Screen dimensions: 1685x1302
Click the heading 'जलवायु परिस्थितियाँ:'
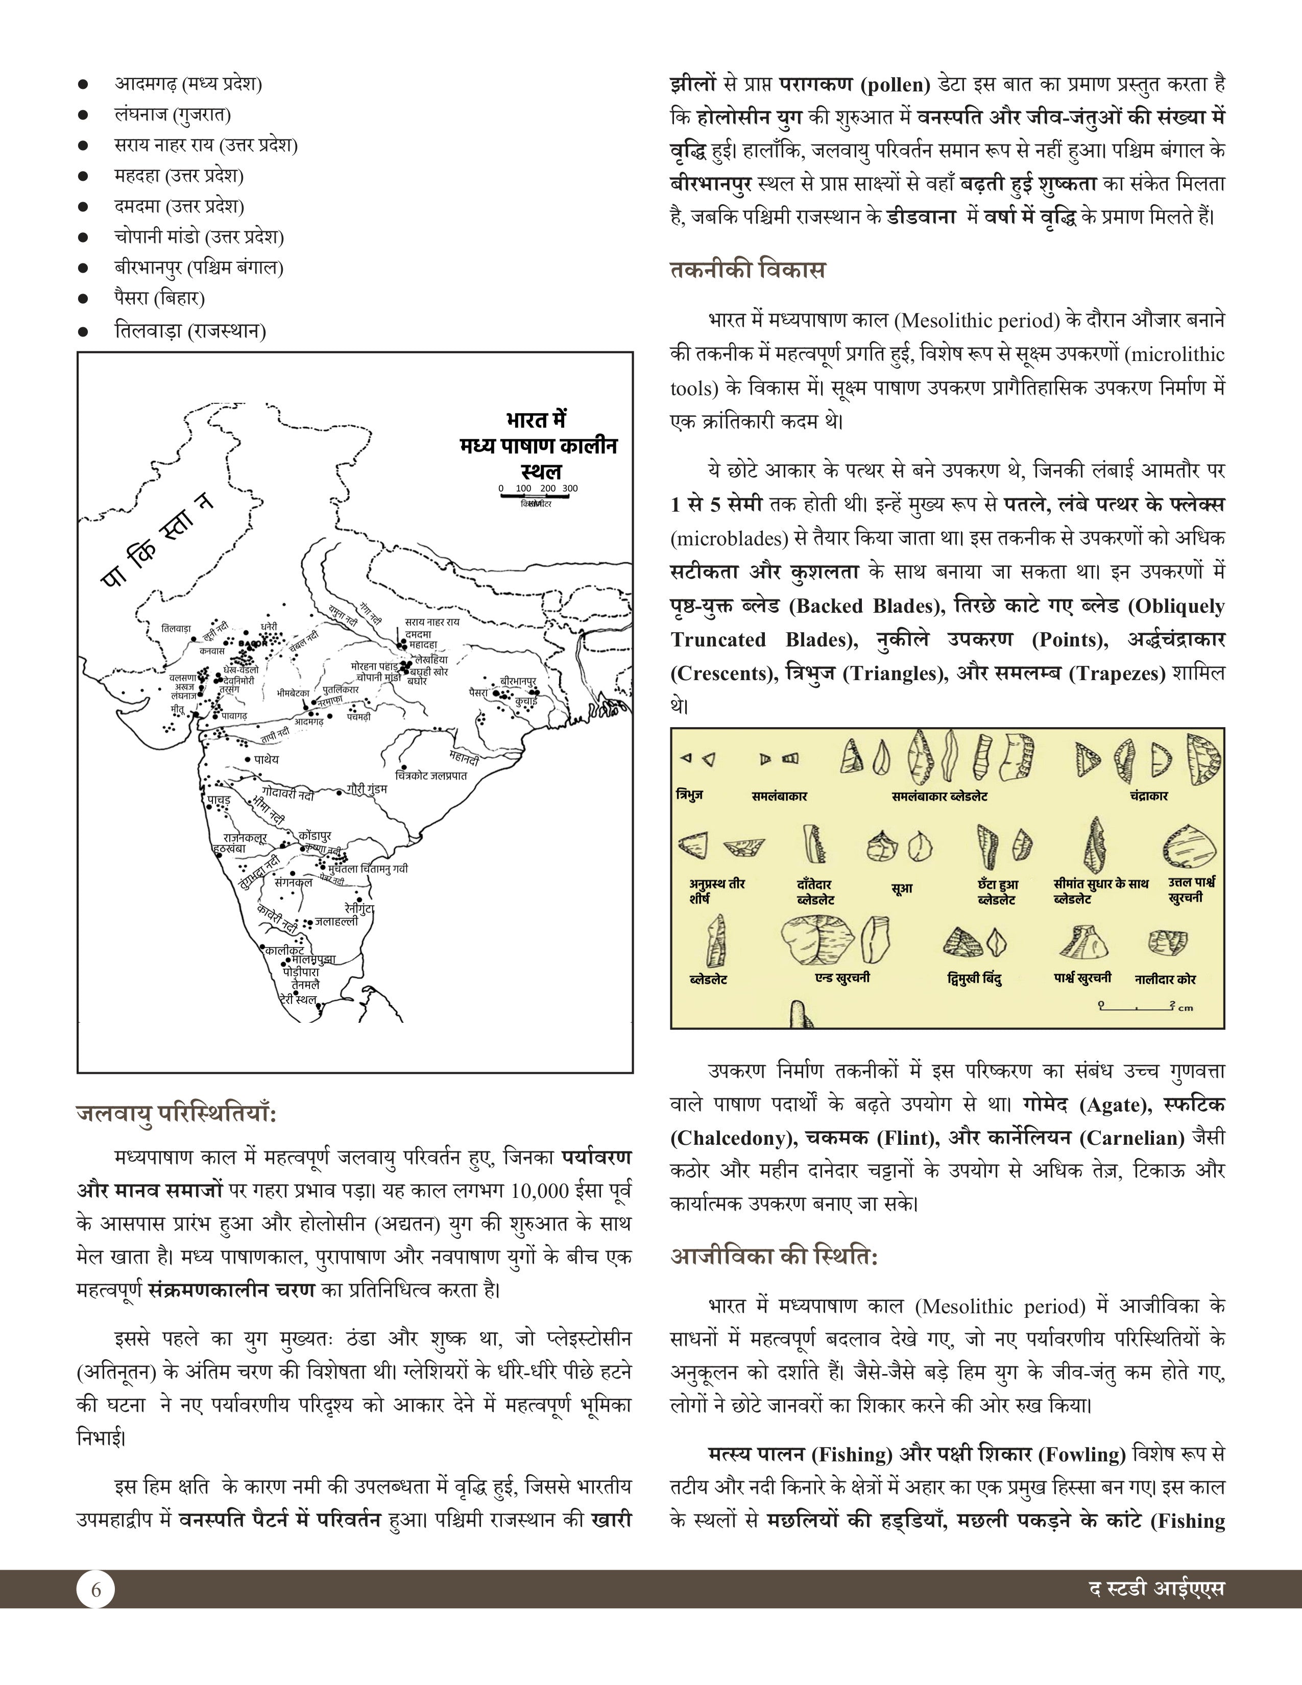177,1114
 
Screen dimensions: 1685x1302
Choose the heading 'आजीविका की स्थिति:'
774,1257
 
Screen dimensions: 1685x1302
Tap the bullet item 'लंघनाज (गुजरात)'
173,114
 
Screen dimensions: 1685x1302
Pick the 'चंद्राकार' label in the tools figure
1148,796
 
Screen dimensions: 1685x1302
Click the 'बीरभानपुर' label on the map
518,681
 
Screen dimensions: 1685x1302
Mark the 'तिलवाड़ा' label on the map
176,628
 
